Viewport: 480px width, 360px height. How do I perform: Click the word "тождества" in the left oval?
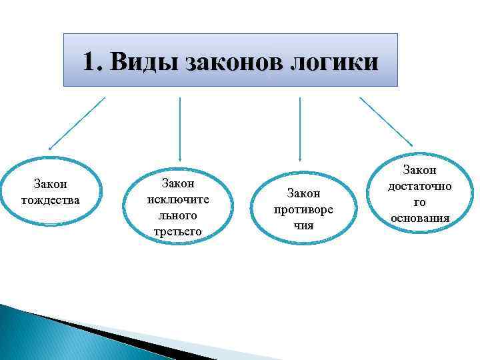51,199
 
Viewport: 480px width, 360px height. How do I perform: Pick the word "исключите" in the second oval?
178,199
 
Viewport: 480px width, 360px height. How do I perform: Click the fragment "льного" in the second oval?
178,215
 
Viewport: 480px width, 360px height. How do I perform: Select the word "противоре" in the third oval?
303,209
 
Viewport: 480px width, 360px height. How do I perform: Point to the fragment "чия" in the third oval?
303,225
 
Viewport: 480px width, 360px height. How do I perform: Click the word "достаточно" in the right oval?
419,186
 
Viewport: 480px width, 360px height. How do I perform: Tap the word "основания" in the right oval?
419,218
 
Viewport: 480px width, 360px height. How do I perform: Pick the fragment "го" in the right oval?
419,202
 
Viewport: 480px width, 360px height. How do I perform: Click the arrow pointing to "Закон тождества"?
77,123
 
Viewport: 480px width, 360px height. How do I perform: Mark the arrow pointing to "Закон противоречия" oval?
300,130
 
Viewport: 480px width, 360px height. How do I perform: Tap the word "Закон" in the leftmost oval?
51,183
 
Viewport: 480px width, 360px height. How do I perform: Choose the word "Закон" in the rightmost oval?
419,171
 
